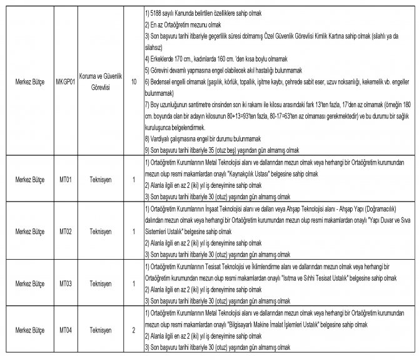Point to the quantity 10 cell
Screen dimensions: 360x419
pos(133,81)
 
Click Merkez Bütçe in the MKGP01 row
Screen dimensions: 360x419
pos(29,81)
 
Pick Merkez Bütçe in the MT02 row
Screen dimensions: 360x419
pos(29,231)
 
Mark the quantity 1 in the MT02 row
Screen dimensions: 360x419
pos(133,231)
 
